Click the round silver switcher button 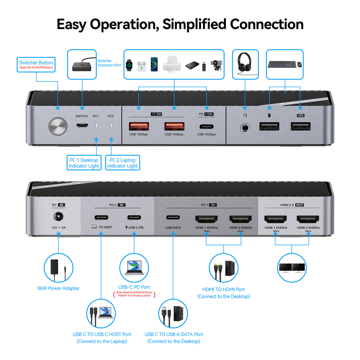point(58,126)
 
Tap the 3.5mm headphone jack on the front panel point(245,128)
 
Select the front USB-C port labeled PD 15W point(206,126)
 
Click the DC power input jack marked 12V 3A point(58,217)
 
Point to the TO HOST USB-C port point(101,217)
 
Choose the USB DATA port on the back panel point(173,217)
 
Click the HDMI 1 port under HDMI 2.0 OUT point(275,219)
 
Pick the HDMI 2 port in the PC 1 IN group point(241,219)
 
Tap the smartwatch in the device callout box point(129,65)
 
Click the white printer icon point(172,64)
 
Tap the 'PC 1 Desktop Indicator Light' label point(84,163)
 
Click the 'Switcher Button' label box point(36,64)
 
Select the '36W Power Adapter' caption point(58,288)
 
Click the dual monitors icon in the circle point(292,268)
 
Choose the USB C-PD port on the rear point(134,217)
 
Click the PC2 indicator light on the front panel point(111,124)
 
